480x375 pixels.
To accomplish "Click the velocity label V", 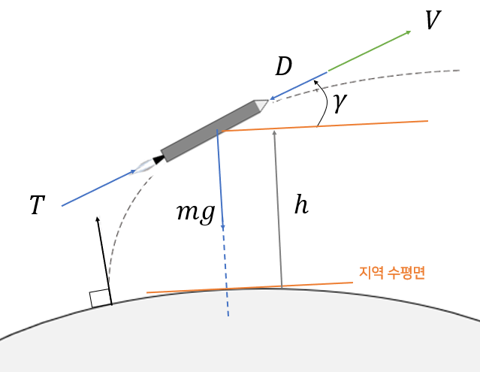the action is pos(432,20).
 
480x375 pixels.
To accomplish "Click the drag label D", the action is pos(283,68).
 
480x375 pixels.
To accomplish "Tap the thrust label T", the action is pos(37,205).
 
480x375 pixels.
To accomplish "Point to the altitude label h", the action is pos(301,206).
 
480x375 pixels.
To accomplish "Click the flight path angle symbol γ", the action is pos(340,103).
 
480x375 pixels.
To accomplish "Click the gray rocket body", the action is pos(210,130).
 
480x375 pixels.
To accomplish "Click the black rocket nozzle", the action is pos(158,159).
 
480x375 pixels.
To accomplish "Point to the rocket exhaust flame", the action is pos(143,166).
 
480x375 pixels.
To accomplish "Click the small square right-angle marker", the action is pos(101,298).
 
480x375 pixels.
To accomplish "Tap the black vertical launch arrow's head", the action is pos(98,219).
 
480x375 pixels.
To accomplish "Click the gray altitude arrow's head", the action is pos(275,133).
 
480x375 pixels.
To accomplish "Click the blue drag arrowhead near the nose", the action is pos(272,98).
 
